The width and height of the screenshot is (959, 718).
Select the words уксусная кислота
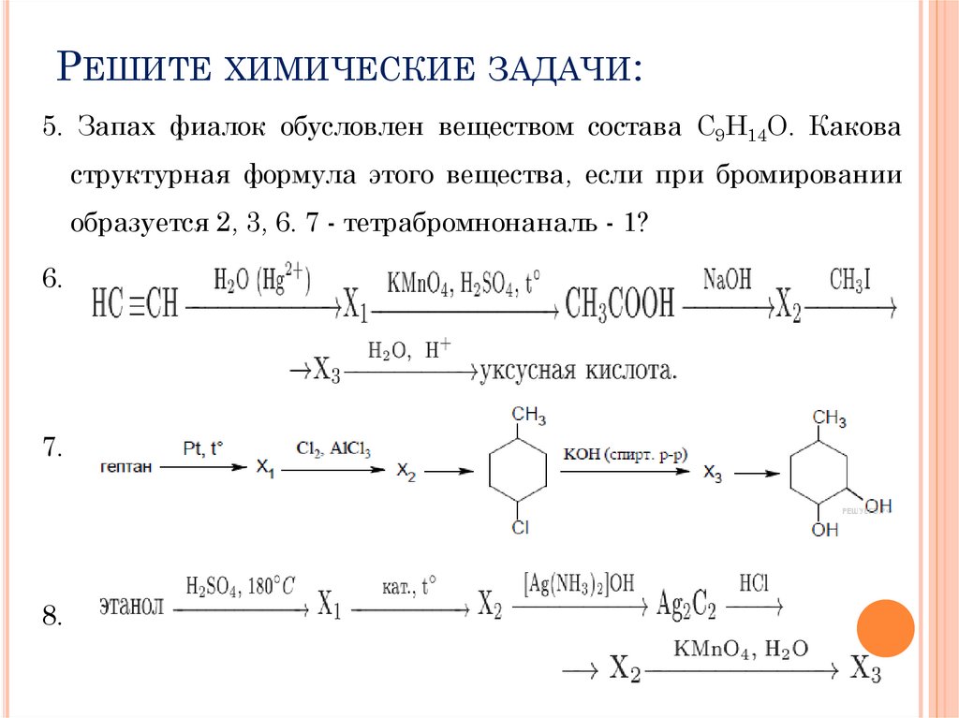tap(578, 372)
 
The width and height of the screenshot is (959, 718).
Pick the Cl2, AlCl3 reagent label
tap(333, 449)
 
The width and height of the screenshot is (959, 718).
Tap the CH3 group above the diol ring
tap(829, 418)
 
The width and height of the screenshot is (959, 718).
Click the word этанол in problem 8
tap(132, 606)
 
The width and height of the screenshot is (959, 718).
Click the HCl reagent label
tap(754, 582)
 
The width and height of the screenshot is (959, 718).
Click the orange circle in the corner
tap(885, 628)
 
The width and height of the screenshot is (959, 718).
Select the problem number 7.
tap(52, 448)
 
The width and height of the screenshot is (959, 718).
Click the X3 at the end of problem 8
tap(866, 669)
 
